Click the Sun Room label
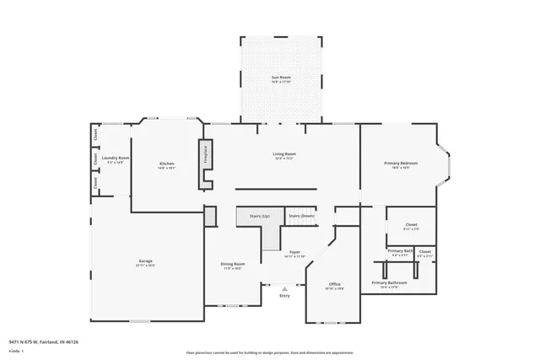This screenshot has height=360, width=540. click(281, 78)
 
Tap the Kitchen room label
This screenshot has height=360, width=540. click(167, 163)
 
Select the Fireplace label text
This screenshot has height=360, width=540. click(204, 156)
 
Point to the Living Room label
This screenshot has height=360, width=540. click(283, 154)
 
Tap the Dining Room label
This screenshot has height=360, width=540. click(232, 266)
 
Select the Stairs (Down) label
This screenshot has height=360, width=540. click(301, 217)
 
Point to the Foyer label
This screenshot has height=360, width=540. click(294, 252)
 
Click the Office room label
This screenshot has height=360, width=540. click(335, 284)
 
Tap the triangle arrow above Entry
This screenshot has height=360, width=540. click(284, 288)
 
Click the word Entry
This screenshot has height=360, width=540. click(284, 295)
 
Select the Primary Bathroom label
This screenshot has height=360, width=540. click(389, 283)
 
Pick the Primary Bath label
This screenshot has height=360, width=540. click(401, 251)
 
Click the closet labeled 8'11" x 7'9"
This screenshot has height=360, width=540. click(411, 225)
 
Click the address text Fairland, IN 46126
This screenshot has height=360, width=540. click(61, 342)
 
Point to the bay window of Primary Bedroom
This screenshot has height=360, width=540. click(446, 164)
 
